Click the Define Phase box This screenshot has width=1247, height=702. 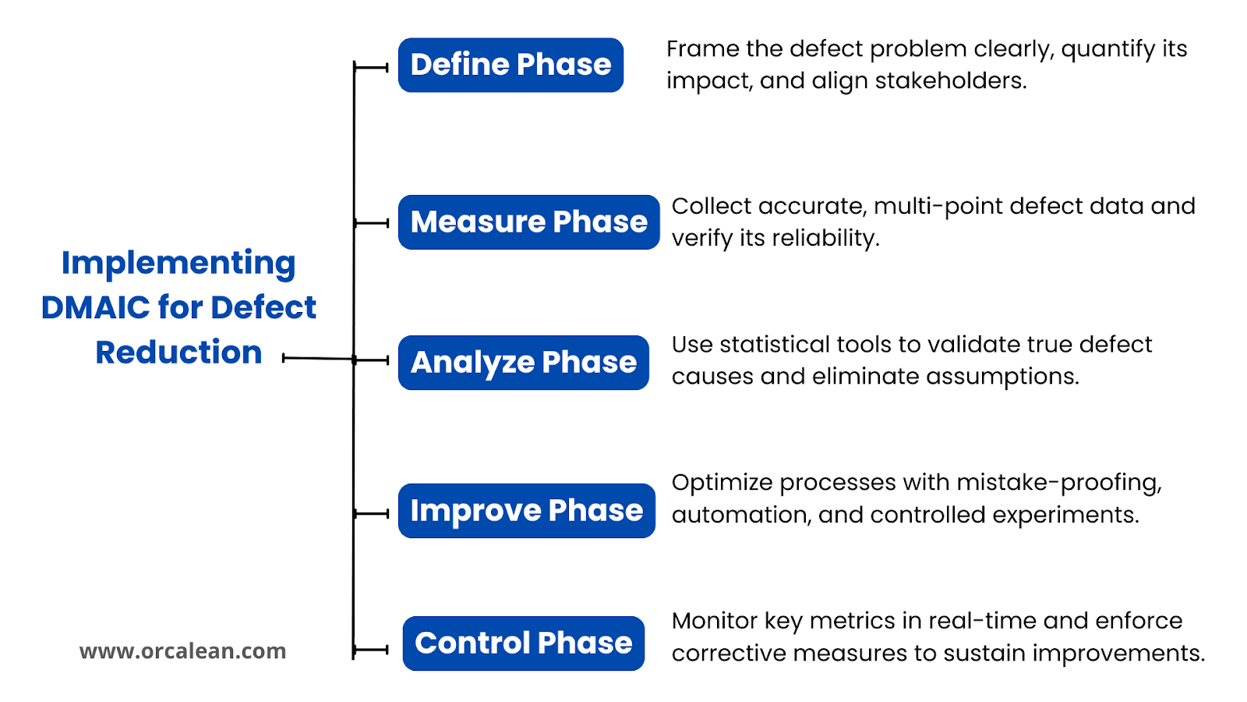(510, 66)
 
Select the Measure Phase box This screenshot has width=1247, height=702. (529, 222)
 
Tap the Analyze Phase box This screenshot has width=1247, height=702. (523, 363)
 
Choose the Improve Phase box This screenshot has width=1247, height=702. (527, 511)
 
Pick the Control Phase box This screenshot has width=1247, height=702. (523, 643)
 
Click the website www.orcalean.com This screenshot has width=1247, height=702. (182, 651)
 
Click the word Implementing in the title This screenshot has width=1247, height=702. (178, 264)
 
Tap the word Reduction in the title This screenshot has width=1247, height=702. (178, 352)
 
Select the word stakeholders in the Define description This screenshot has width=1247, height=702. (951, 81)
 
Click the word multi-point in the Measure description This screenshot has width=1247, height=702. (938, 207)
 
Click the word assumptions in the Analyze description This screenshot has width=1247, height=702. (1002, 378)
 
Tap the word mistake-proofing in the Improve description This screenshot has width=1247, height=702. (1059, 483)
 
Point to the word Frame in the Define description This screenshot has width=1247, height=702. (702, 49)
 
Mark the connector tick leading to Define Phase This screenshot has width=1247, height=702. (371, 67)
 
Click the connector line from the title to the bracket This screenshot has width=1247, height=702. (318, 358)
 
